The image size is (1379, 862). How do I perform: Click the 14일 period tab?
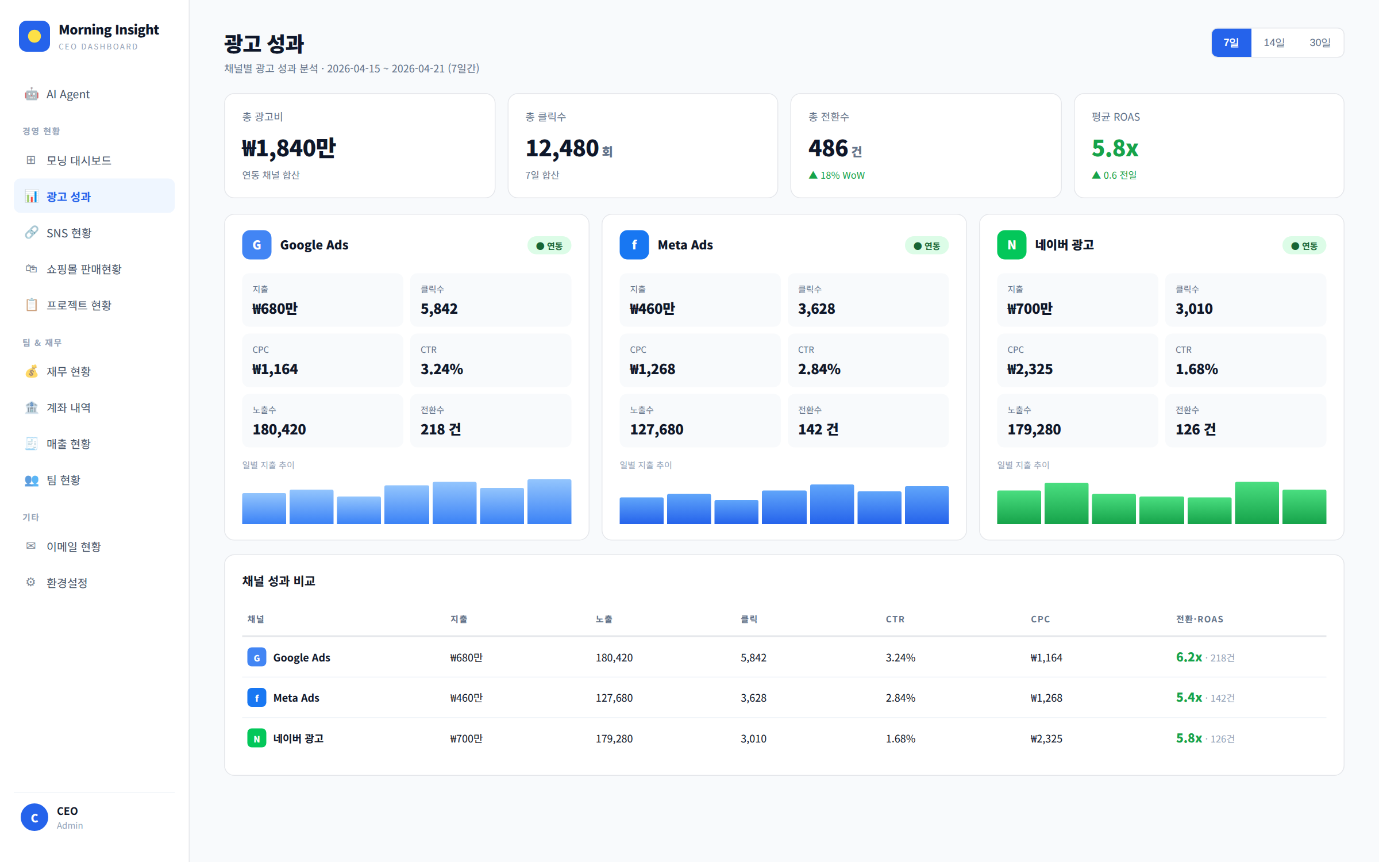[x=1274, y=43]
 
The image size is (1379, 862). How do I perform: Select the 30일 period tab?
[x=1320, y=43]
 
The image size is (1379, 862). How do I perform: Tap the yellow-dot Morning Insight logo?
[x=34, y=36]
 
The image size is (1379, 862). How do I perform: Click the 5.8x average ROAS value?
[x=1115, y=148]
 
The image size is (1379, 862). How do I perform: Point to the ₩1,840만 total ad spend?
[x=288, y=148]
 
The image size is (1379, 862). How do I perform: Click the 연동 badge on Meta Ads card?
[x=927, y=246]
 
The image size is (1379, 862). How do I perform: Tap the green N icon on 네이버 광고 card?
[x=1012, y=245]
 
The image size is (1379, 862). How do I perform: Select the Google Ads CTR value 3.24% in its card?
[x=442, y=369]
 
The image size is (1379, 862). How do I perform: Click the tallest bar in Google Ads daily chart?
[x=549, y=502]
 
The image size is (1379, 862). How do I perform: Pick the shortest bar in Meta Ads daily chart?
[x=736, y=512]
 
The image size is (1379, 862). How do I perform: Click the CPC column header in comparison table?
[x=1040, y=619]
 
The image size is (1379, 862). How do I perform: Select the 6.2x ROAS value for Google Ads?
[x=1189, y=657]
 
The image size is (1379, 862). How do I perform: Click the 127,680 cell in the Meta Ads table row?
[x=614, y=698]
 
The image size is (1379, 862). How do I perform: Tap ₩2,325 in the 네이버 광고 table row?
[x=1046, y=738]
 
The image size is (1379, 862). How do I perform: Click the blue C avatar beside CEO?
[x=34, y=817]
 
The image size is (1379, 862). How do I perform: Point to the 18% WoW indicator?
[x=837, y=175]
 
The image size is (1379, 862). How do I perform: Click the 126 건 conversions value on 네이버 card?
[x=1196, y=429]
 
